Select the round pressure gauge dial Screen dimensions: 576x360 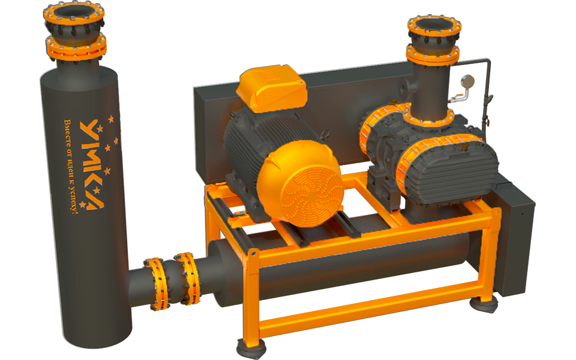[x=467, y=82]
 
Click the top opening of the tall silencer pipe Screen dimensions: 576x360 [x=73, y=12]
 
